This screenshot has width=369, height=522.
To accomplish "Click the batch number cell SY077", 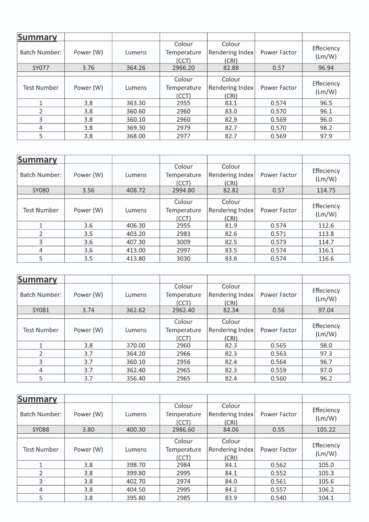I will [41, 68].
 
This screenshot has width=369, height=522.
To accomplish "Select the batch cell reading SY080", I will [41, 190].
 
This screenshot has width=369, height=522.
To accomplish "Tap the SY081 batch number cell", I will [41, 310].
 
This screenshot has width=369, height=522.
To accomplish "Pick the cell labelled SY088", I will [41, 429].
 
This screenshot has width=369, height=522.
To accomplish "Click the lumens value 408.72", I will [136, 190].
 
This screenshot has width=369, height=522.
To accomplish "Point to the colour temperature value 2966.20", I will [183, 68].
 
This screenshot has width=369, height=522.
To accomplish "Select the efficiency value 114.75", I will [326, 190].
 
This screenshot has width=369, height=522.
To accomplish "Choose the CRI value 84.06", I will [231, 429].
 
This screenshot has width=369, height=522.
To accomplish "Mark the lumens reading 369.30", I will [136, 128].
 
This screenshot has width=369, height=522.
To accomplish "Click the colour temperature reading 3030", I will [183, 258].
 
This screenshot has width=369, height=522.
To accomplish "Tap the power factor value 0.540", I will [278, 498].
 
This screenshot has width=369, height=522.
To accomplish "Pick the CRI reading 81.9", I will [231, 225].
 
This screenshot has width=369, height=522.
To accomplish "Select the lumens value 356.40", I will [136, 378].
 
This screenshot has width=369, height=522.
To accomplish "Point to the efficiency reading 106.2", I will [326, 489].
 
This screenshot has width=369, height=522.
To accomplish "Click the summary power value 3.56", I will [88, 190].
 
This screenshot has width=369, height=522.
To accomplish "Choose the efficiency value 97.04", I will [326, 310].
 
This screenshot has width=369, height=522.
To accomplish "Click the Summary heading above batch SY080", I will [37, 160].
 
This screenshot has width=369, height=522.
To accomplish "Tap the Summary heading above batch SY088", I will [37, 399].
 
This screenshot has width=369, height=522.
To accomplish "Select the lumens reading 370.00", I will [136, 345].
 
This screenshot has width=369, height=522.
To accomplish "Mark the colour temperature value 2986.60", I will [183, 429].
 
